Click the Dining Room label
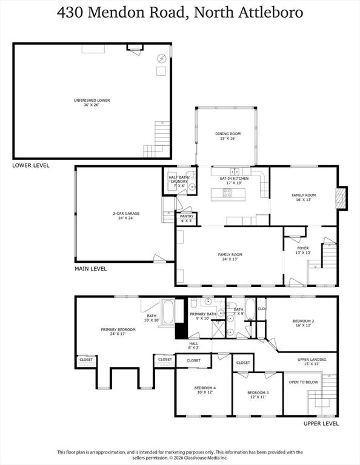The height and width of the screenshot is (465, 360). [x=228, y=136]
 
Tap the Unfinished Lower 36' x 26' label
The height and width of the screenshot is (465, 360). [x=92, y=102]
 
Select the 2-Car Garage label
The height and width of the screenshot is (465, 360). [x=126, y=216]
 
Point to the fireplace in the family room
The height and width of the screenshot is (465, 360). [x=341, y=199]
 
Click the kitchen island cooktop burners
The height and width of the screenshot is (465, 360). [x=227, y=193]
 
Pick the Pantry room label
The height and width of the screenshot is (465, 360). [x=187, y=219]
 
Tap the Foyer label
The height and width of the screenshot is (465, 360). [x=303, y=250]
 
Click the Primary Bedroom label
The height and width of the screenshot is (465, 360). [x=118, y=332]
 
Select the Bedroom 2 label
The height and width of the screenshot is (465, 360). [x=303, y=323]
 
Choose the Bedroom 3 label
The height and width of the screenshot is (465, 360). [x=258, y=395]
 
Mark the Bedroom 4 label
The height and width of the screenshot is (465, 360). [x=205, y=390]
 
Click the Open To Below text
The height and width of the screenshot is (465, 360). [x=303, y=382]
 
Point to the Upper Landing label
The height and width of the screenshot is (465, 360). [x=312, y=361]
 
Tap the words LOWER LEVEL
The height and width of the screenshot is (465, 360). [x=31, y=165]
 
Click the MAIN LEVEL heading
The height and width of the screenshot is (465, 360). [x=90, y=269]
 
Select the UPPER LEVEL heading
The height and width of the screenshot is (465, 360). [x=321, y=423]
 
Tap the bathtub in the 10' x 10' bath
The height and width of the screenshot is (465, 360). [x=168, y=312]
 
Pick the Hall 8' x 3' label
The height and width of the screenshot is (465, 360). [x=193, y=346]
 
